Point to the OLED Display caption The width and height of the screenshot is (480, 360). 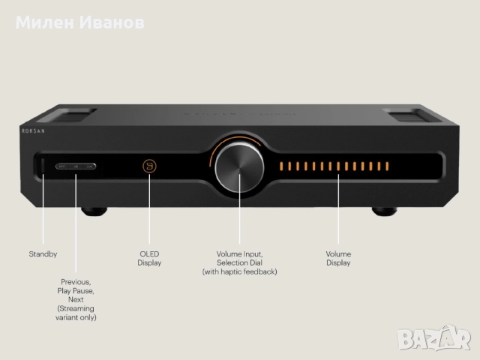coord(149,259)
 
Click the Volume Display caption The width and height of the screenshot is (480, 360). coord(338,259)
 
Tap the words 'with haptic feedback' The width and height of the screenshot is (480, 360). coord(240,271)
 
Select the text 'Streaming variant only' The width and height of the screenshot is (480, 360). coord(77,313)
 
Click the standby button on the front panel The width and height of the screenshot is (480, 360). coord(43,166)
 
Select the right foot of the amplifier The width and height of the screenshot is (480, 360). coord(383,211)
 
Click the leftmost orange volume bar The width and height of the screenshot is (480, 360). coord(282,166)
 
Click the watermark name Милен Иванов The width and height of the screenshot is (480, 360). coord(80,22)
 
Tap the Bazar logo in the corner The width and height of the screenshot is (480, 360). coord(438,339)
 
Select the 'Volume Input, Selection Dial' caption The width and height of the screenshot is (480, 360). coord(240,259)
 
